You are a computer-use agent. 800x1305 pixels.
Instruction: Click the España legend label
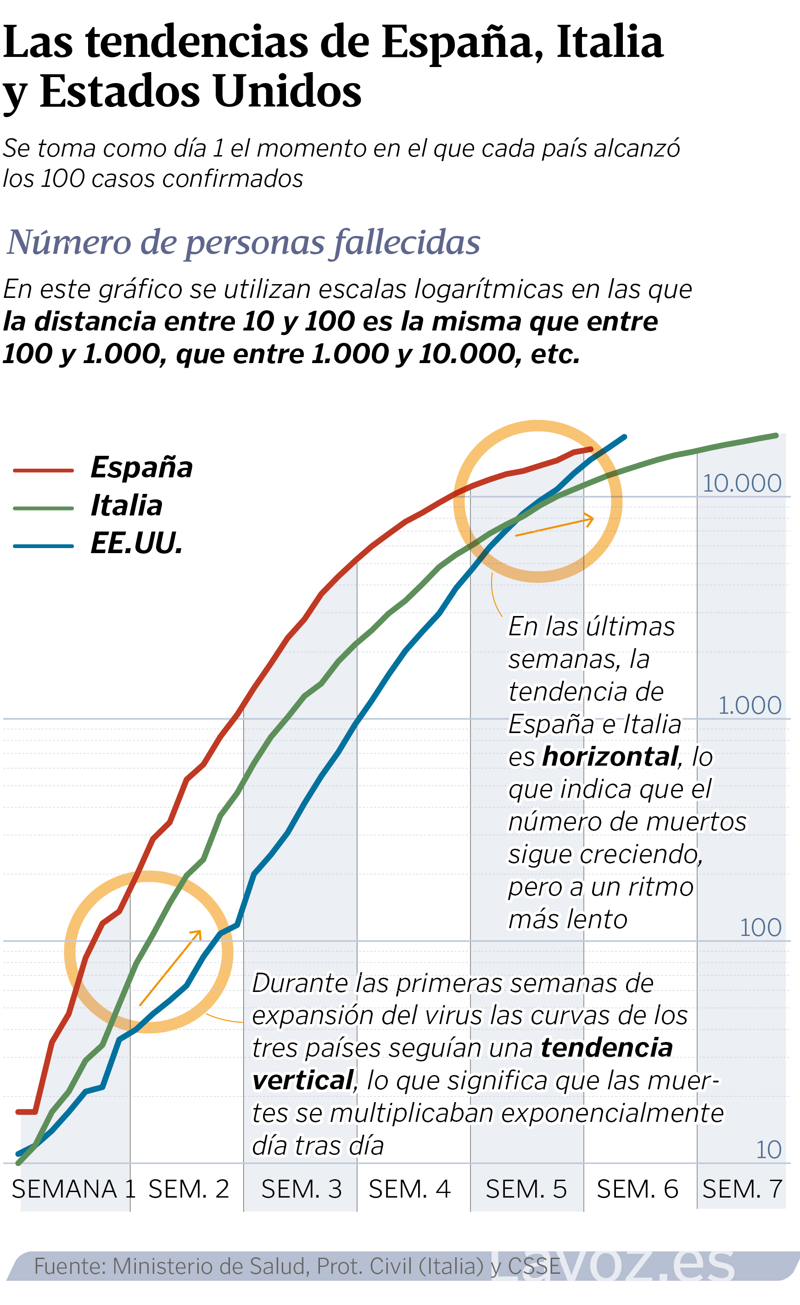click(x=141, y=468)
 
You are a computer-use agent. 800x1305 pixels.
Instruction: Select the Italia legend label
click(x=127, y=506)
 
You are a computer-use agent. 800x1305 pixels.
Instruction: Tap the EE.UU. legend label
click(x=137, y=544)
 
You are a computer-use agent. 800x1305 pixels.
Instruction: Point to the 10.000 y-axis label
click(x=741, y=483)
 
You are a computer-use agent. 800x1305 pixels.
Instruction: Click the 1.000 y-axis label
click(x=749, y=706)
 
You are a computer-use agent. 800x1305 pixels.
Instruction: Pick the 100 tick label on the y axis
click(x=760, y=928)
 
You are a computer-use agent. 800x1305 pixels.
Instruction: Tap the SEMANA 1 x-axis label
click(x=73, y=1189)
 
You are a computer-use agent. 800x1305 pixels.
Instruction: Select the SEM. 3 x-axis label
click(x=301, y=1189)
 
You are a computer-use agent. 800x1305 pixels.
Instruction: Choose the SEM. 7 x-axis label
click(x=742, y=1189)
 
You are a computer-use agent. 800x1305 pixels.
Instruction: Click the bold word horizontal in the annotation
click(x=610, y=757)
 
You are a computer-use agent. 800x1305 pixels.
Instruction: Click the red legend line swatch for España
click(x=44, y=470)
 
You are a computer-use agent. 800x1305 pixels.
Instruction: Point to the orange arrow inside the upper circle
click(x=554, y=527)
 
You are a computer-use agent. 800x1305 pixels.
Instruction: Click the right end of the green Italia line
click(x=776, y=435)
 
